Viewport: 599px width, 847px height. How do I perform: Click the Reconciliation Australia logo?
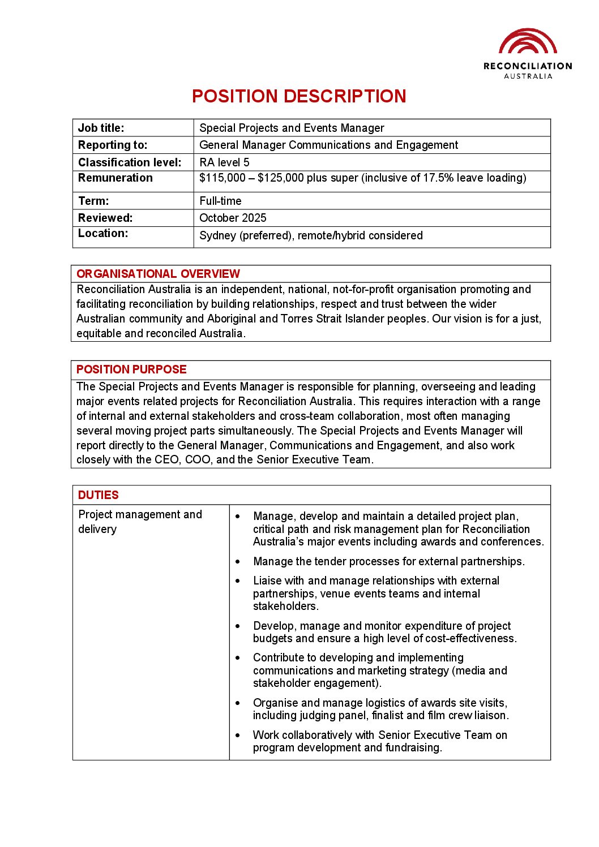(x=528, y=54)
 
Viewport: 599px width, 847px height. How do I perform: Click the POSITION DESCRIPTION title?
(x=299, y=96)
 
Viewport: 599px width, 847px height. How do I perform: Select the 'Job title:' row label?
(x=101, y=128)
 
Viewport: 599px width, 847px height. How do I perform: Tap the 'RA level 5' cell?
(x=224, y=162)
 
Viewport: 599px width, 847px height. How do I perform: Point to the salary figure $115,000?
(x=223, y=178)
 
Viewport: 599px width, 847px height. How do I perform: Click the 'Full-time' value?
(x=220, y=201)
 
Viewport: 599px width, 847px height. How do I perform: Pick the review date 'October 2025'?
(x=233, y=218)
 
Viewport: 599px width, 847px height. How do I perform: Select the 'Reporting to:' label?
(x=112, y=145)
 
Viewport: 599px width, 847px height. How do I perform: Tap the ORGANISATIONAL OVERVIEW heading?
(x=158, y=274)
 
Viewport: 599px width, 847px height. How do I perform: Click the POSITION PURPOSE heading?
(x=131, y=369)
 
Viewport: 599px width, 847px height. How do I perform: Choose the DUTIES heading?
(x=98, y=495)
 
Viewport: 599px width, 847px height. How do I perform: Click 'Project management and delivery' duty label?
(x=140, y=522)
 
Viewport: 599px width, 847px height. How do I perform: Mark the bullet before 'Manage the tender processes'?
(x=238, y=562)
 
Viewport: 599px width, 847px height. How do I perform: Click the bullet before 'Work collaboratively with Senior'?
(x=238, y=736)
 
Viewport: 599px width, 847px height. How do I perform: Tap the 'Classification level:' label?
(x=130, y=162)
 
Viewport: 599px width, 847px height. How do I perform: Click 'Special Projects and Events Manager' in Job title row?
(x=292, y=128)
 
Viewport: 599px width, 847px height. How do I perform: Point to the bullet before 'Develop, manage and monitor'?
(x=238, y=626)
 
